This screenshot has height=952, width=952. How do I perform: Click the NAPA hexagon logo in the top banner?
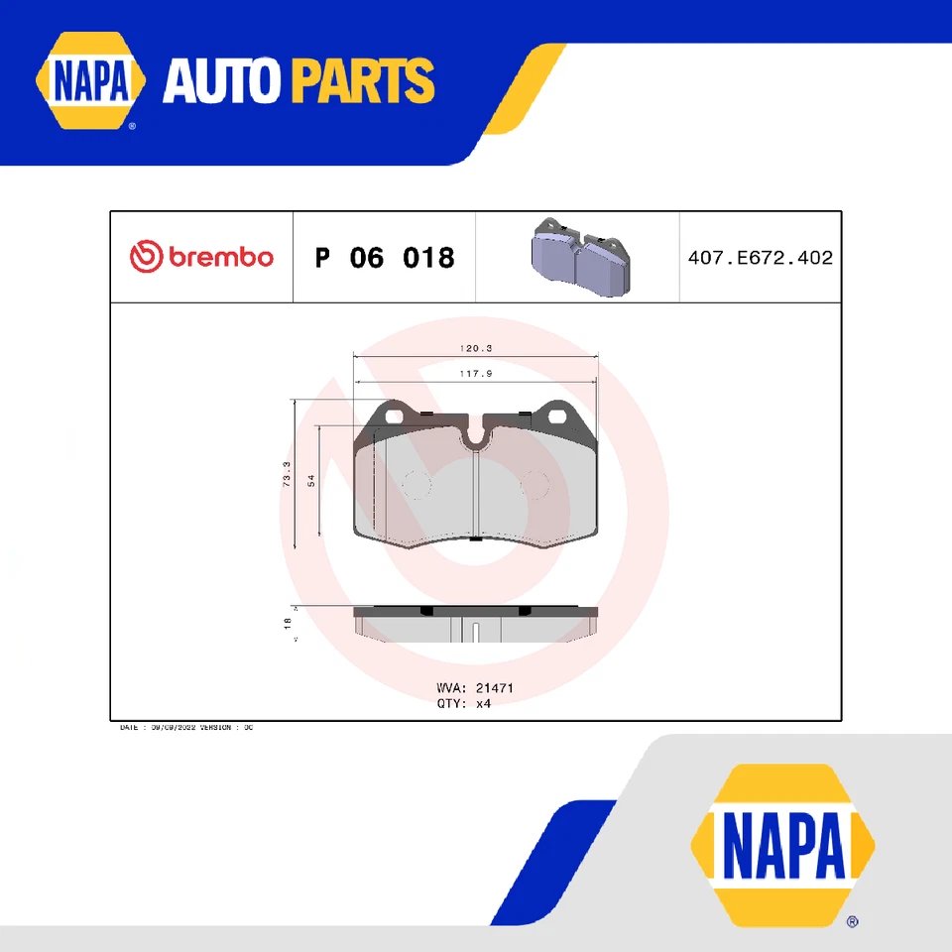pyautogui.click(x=90, y=81)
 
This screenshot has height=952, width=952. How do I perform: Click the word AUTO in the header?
pyautogui.click(x=223, y=81)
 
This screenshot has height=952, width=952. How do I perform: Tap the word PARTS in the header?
pyautogui.click(x=363, y=81)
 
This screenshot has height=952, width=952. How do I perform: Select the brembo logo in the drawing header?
pyautogui.click(x=201, y=257)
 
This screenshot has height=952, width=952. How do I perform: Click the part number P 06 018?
pyautogui.click(x=385, y=258)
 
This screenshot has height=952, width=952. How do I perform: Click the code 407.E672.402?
pyautogui.click(x=760, y=258)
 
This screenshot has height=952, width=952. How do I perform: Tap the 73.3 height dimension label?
pyautogui.click(x=287, y=473)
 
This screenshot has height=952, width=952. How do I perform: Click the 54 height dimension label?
pyautogui.click(x=310, y=480)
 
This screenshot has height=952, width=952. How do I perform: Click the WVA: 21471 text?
pyautogui.click(x=475, y=687)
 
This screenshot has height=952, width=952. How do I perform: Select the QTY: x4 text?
pyautogui.click(x=464, y=703)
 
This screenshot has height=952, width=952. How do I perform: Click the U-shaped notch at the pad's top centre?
pyautogui.click(x=477, y=436)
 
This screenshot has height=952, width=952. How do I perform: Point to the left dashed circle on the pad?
pyautogui.click(x=417, y=485)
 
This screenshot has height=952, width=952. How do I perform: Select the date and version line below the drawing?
pyautogui.click(x=186, y=728)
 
